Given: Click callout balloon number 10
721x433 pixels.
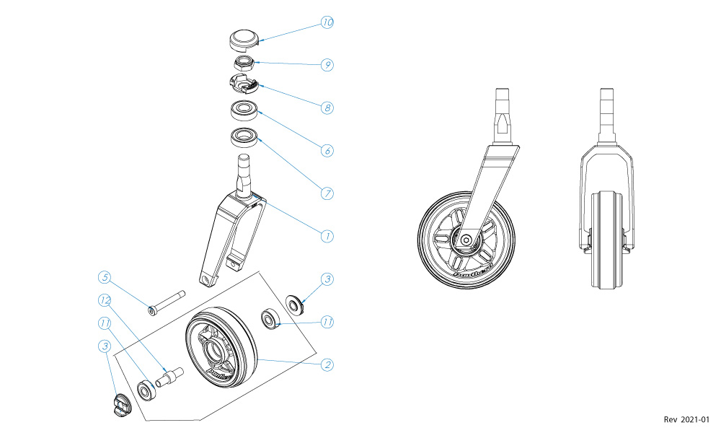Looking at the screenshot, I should point(327,23).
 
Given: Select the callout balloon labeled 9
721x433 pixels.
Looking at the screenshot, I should point(327,65).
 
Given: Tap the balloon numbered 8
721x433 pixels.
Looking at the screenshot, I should point(327,108).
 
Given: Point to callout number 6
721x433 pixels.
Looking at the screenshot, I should point(327,152).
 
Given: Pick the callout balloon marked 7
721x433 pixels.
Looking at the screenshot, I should point(327,193).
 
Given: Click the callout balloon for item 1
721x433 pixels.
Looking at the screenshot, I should point(327,236).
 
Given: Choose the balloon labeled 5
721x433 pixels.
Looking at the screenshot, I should point(105,278).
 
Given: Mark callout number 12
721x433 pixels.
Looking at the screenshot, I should point(105,299).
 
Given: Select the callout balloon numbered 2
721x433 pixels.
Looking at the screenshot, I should point(327,364).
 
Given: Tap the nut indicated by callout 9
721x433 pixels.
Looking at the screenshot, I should point(244,64).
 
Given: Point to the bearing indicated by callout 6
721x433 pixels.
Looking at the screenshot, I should point(244,111).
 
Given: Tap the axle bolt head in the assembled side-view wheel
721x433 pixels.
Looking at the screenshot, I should point(466,239).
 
